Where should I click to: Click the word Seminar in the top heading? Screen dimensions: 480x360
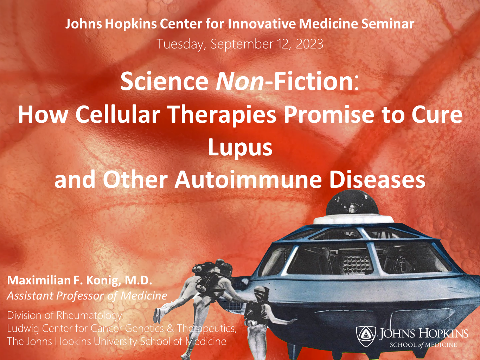click(x=388, y=24)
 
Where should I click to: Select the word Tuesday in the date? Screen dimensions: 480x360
click(x=181, y=44)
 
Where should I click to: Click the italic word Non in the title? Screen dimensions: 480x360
click(x=239, y=81)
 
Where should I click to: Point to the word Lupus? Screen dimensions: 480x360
click(x=240, y=148)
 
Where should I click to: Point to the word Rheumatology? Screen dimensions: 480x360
click(x=90, y=316)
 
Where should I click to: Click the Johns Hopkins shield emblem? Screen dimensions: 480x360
click(x=366, y=336)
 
